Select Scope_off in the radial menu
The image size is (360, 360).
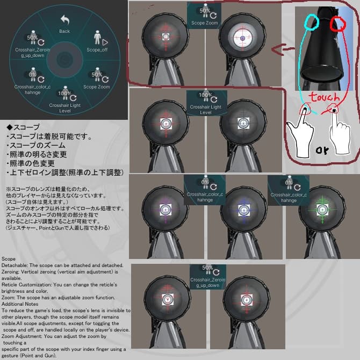pos(97,42)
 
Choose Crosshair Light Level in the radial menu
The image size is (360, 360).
pos(64,99)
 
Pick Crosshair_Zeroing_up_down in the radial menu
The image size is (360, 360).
pos(33,45)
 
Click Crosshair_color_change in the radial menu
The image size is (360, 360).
pos(33,81)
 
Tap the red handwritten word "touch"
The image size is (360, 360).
pos(323,98)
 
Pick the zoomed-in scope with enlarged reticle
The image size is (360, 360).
pos(242,38)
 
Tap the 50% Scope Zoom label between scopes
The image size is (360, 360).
pos(205,16)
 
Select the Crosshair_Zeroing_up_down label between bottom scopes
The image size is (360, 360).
pos(207,277)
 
